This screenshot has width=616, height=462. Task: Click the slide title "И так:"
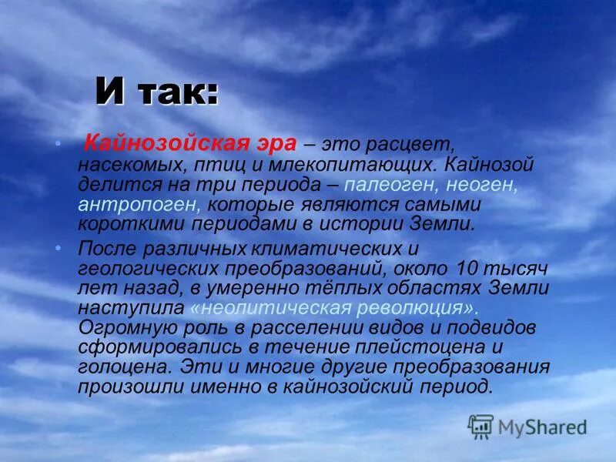tap(157, 92)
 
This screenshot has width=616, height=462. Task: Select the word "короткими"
tap(124, 225)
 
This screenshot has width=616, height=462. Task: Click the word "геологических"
tap(146, 269)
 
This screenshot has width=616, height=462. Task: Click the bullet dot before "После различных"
tap(60, 246)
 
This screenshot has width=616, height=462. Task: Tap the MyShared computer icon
tap(480, 425)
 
